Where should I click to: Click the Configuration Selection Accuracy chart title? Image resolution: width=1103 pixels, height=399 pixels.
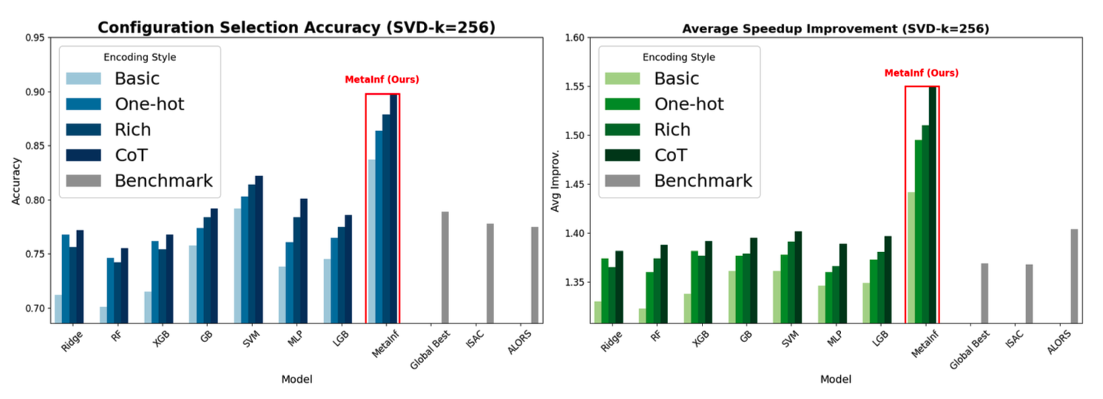point(297,28)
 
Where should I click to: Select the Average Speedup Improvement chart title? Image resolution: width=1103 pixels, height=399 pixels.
point(835,28)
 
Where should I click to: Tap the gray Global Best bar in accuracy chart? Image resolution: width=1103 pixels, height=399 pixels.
point(445,267)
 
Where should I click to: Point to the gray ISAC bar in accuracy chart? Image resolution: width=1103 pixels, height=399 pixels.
point(490,273)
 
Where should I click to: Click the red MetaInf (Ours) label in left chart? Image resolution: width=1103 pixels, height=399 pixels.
point(382,79)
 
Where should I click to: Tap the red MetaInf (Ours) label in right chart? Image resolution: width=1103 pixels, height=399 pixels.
point(921,73)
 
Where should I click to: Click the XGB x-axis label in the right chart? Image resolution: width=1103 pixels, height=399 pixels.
point(700,341)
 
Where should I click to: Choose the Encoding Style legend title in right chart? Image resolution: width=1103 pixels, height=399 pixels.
point(678,57)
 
